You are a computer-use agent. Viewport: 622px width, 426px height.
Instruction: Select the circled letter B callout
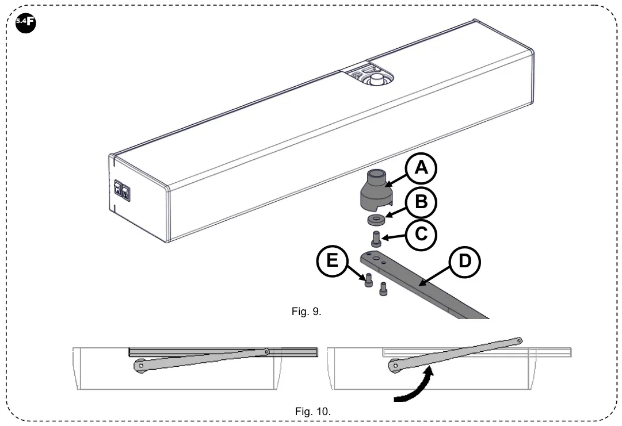tap(420, 203)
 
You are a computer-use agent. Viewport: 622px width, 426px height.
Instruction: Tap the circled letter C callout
tap(421, 235)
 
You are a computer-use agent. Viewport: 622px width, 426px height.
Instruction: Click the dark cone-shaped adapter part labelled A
tap(373, 192)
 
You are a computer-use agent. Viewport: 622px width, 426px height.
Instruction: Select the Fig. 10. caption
tap(313, 411)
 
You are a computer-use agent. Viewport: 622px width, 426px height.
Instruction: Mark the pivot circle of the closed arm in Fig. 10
tap(140, 366)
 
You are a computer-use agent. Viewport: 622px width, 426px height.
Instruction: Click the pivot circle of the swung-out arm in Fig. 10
tap(394, 365)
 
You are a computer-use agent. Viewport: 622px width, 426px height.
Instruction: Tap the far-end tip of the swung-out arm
tap(519, 341)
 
